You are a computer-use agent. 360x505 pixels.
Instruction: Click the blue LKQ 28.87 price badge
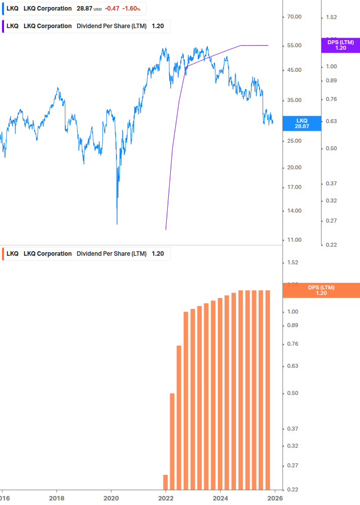pos(302,124)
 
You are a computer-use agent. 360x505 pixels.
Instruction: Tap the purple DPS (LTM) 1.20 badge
pos(340,45)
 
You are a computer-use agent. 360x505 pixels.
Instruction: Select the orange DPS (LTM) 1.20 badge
pos(321,290)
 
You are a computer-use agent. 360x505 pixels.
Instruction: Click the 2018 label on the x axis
pos(57,498)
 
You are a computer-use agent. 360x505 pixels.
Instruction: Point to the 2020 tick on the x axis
pos(111,498)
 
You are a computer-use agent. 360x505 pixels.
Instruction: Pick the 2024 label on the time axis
pos(220,498)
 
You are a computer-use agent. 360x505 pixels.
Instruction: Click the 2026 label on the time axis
pos(274,498)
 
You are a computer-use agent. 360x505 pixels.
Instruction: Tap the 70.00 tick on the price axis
pos(294,17)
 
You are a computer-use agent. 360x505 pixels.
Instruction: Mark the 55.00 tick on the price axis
pos(294,46)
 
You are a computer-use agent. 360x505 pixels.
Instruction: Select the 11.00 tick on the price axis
pos(294,240)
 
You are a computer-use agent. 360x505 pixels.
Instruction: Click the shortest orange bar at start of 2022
pos(165,481)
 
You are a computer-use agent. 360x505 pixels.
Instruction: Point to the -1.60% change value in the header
pos(132,9)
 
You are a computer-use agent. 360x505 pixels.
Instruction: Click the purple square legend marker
pos(4,26)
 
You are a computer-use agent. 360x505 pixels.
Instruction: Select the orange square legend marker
pos(4,254)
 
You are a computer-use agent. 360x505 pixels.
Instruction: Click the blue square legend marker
pos(4,9)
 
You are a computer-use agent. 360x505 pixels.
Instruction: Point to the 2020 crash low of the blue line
pos(117,224)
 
